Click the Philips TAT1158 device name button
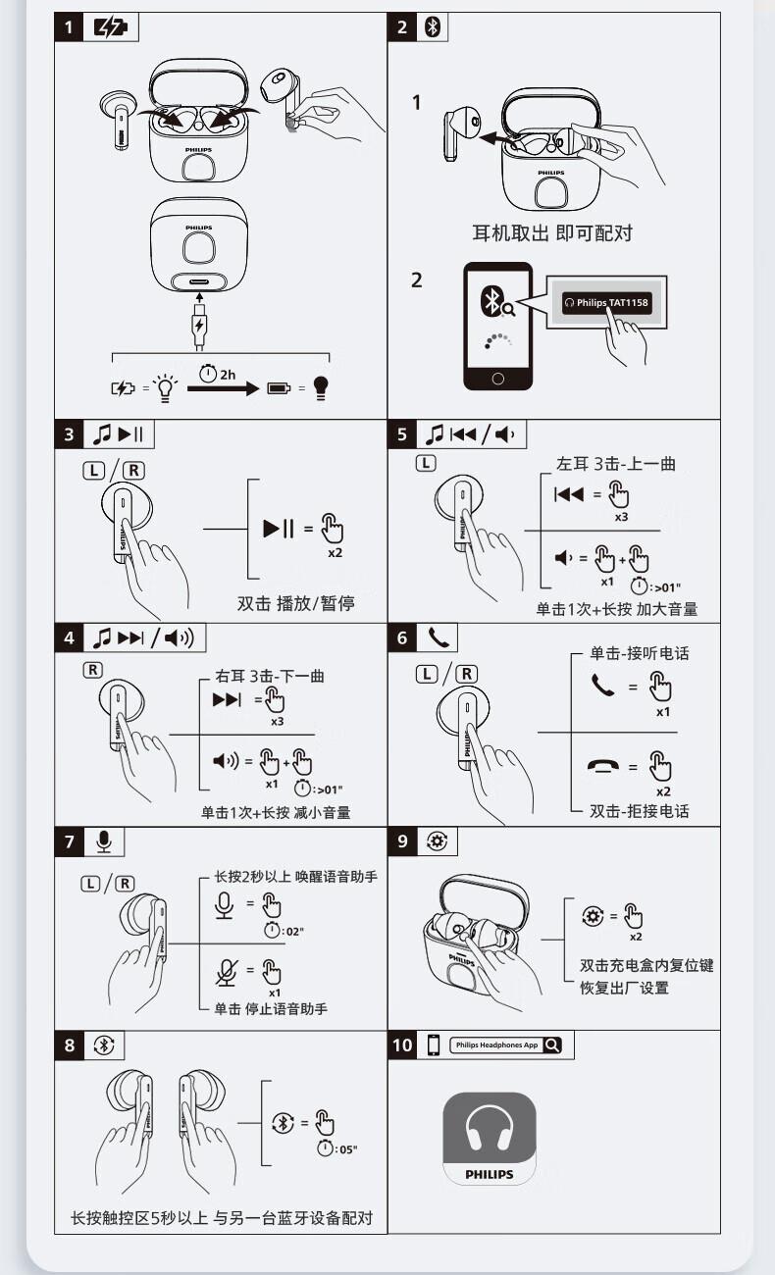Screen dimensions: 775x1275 (x=606, y=303)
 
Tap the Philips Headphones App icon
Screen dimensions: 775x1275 (x=490, y=1139)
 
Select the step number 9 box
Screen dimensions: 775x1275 (x=402, y=841)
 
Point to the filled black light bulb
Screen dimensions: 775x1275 (x=321, y=388)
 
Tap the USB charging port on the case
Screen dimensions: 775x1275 (x=199, y=281)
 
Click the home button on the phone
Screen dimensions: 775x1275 (x=497, y=379)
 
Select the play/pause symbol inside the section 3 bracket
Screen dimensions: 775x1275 (x=279, y=529)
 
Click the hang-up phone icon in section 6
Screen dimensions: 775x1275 (x=603, y=766)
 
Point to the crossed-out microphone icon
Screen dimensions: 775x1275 (x=227, y=973)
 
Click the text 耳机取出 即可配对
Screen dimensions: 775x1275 (x=552, y=232)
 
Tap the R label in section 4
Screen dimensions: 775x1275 (x=93, y=670)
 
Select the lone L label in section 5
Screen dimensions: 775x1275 (x=426, y=463)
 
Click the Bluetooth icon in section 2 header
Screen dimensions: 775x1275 (x=433, y=26)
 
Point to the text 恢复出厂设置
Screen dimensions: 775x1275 (x=624, y=988)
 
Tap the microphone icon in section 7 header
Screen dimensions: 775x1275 (x=104, y=841)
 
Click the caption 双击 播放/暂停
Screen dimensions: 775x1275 (x=296, y=603)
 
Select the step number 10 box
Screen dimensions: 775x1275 (x=402, y=1045)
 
